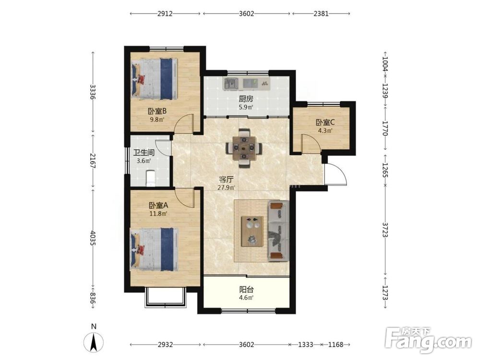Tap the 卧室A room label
click(158, 205)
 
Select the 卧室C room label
click(325, 122)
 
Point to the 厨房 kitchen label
click(246, 99)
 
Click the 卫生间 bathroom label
click(144, 153)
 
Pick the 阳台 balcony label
click(246, 289)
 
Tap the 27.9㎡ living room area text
click(226, 188)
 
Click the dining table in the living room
click(244, 148)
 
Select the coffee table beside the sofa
click(252, 231)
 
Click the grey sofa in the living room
click(278, 231)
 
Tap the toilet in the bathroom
click(151, 178)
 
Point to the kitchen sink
click(231, 83)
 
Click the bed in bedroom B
click(154, 79)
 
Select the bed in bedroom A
click(154, 249)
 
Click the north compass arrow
click(94, 341)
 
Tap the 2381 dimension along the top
click(321, 13)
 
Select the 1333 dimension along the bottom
click(305, 345)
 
